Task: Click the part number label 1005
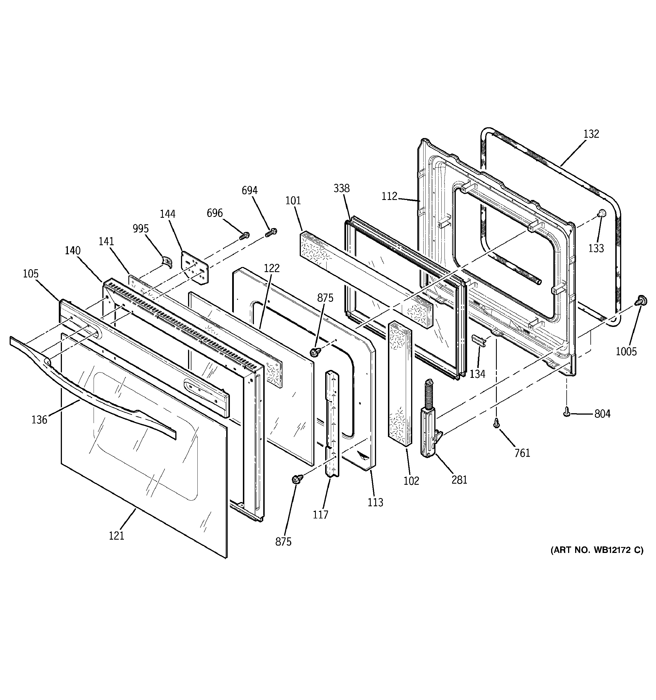pos(626,351)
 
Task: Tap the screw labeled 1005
pos(640,301)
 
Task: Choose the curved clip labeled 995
pos(165,261)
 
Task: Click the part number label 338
pos(342,188)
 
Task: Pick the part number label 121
pos(116,536)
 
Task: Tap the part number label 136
pos(39,419)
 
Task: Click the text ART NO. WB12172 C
pos(597,560)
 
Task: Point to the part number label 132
pos(591,134)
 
